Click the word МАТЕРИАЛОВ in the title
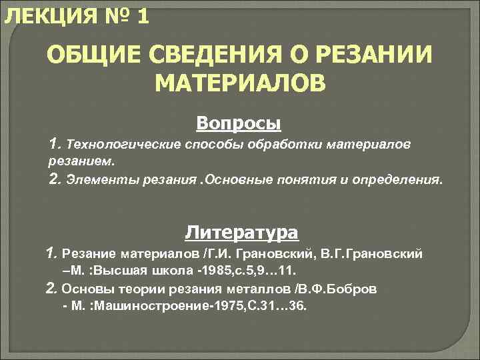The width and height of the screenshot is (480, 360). point(240,83)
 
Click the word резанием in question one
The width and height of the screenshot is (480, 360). point(80,161)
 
